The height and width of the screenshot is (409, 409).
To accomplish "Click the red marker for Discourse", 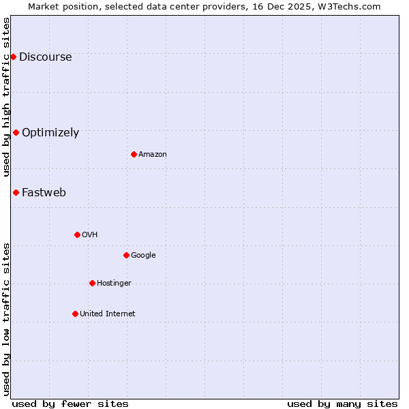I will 13,57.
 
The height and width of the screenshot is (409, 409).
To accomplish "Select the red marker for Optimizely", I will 16,132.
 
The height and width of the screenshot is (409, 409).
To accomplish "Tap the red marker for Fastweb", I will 16,192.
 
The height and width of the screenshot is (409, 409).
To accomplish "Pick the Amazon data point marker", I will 134,154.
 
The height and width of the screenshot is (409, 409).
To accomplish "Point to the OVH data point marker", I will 77,234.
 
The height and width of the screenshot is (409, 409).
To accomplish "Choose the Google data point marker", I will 126,255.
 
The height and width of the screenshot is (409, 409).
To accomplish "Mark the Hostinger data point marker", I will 92,283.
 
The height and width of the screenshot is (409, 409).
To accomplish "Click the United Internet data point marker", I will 75,314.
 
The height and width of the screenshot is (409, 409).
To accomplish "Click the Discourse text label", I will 45,57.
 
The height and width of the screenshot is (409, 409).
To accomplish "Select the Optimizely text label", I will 50,133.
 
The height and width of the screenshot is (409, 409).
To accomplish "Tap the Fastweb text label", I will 44,193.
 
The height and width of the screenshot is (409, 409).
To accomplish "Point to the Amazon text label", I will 153,155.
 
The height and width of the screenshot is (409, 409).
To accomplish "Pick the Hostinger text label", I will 114,284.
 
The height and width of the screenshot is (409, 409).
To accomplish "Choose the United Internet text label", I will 108,314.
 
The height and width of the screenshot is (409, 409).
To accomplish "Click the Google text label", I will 143,256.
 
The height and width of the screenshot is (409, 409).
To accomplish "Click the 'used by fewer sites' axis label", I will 70,404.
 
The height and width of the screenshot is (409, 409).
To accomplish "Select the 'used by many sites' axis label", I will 342,404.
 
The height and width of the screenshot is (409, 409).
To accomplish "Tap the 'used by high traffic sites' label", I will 7,97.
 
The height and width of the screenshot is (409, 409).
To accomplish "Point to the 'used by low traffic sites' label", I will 7,318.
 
